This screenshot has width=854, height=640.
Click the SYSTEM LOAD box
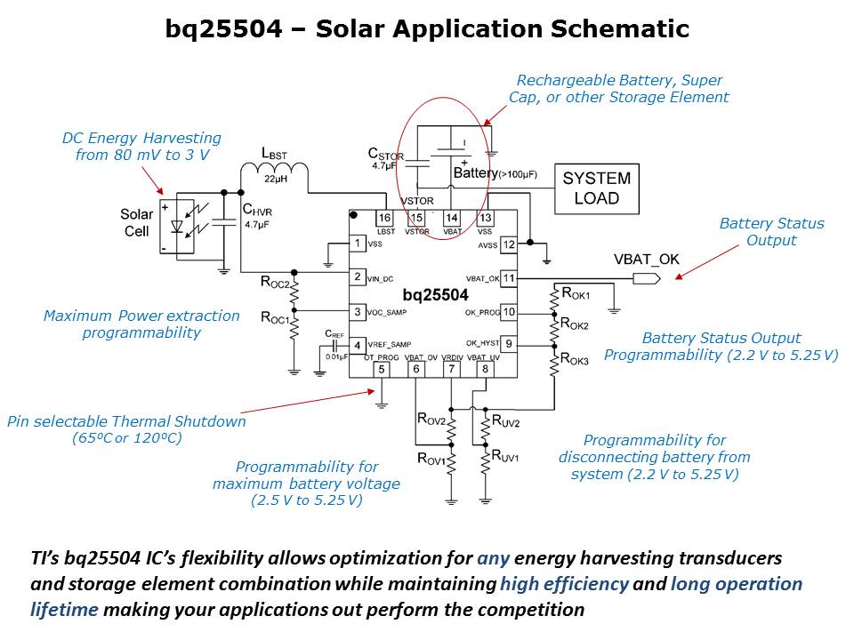pos(596,188)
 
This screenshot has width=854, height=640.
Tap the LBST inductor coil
pos(274,175)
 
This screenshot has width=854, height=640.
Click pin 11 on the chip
pos(509,278)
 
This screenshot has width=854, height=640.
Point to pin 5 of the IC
pos(382,370)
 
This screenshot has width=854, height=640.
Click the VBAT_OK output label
pos(647,260)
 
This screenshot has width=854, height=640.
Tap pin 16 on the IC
pos(383,218)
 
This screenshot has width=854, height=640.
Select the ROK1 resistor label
pos(576,292)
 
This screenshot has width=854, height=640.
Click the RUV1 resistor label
pos(507,456)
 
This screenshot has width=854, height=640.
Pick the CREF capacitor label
pos(334,334)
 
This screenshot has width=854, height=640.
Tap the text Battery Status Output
pos(771,232)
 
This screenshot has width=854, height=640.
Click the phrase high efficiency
pos(564,584)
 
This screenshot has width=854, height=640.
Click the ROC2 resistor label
pos(276,282)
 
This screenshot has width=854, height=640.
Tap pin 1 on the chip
pos(357,243)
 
